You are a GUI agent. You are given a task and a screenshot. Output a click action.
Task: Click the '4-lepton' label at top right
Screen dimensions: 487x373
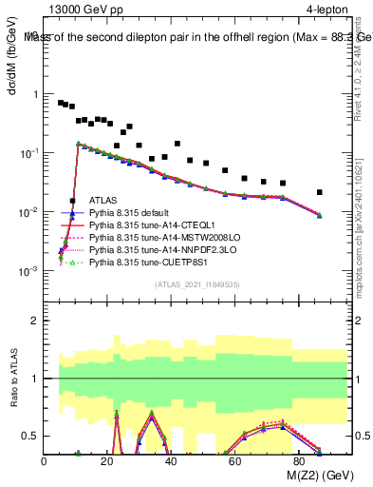[328, 10]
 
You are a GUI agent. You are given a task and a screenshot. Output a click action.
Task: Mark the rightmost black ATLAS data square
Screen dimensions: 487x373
[320, 192]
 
